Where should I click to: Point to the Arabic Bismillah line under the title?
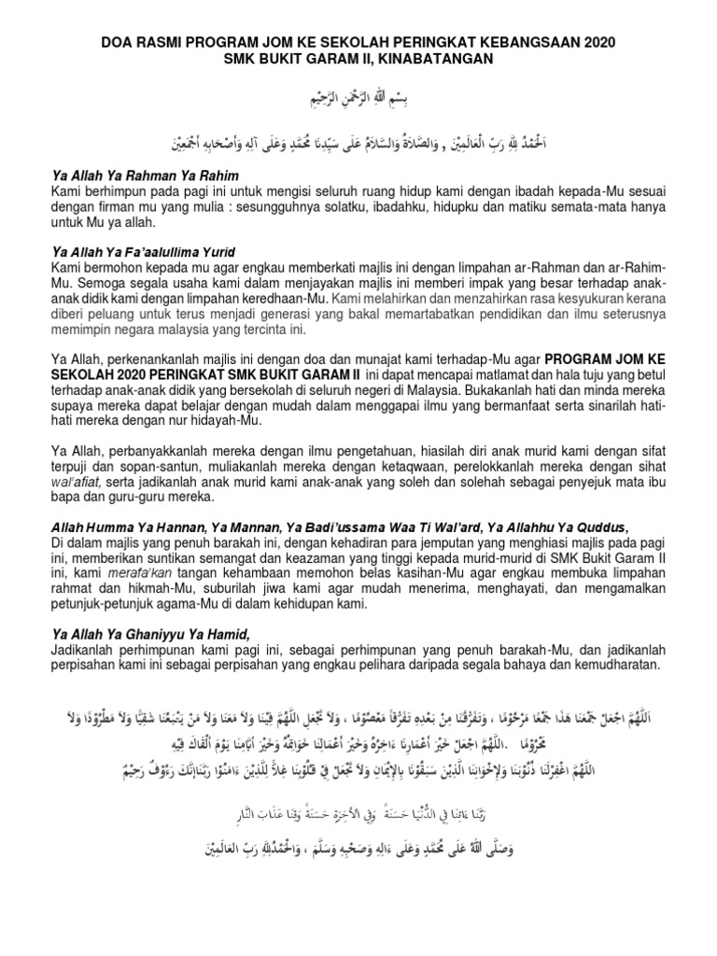pos(358,99)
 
